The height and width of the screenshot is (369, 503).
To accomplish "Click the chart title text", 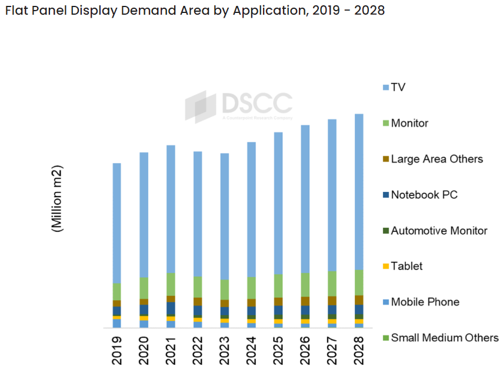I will click(x=194, y=11).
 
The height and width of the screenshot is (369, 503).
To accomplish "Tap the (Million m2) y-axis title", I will click(x=58, y=198).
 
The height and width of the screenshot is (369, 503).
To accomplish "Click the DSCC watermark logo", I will click(x=238, y=106).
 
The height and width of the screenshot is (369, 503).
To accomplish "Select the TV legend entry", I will click(x=398, y=87).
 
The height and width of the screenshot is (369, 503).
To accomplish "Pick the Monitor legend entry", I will click(x=409, y=123).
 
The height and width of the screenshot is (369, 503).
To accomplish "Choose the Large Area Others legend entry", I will click(x=437, y=159).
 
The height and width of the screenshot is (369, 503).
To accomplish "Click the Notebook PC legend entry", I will click(x=424, y=195).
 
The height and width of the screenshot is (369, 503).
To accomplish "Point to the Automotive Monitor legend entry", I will click(x=439, y=231).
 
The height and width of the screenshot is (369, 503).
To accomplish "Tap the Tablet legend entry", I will click(x=407, y=266).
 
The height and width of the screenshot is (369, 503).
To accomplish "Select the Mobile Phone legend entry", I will click(x=425, y=302).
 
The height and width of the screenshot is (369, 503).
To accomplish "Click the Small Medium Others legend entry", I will click(x=444, y=338).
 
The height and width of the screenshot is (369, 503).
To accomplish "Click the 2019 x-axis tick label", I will click(x=117, y=350).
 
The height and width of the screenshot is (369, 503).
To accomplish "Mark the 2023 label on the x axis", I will click(x=225, y=350).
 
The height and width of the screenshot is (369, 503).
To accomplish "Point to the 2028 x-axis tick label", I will click(x=359, y=350).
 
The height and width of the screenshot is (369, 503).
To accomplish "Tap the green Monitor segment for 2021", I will click(x=171, y=284).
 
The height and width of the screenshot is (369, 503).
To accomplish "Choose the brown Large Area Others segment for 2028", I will click(x=359, y=300).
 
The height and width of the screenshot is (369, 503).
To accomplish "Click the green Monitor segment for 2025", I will click(x=278, y=285).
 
